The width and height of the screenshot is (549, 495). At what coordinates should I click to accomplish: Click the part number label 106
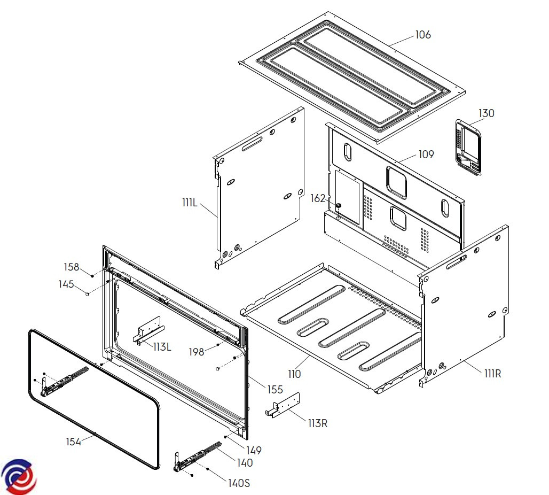click(x=423, y=35)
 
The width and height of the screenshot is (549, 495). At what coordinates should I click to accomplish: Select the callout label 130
click(x=487, y=113)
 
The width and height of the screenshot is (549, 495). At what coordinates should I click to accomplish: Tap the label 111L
click(x=190, y=203)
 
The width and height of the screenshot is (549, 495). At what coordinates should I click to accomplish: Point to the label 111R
click(x=492, y=374)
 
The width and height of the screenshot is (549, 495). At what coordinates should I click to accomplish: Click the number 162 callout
click(x=318, y=198)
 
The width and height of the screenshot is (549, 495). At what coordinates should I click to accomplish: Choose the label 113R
click(x=318, y=423)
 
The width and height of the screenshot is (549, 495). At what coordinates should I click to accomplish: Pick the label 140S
click(x=239, y=483)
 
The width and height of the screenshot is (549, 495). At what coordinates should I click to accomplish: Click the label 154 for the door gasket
click(x=74, y=442)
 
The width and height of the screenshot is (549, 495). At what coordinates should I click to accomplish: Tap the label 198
click(x=197, y=352)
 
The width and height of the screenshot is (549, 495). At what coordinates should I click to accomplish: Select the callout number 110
click(x=294, y=374)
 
